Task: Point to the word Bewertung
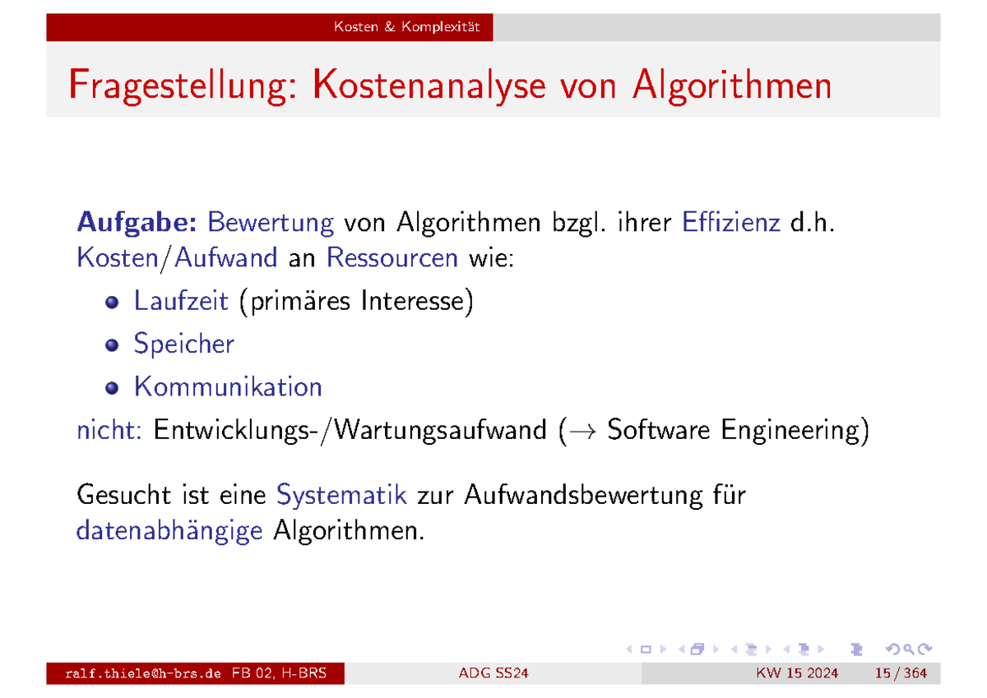coord(271,222)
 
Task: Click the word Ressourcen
coord(392,258)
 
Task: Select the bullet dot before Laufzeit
coord(112,303)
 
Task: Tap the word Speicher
coord(183,344)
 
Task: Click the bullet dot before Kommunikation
coord(112,387)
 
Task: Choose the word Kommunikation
coord(228,386)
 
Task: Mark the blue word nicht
coord(109,430)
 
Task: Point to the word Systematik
coord(342,496)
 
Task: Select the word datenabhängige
coord(169,531)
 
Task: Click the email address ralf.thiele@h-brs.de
coord(143,674)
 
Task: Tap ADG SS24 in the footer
coord(493,674)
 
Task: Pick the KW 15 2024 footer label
coord(797,674)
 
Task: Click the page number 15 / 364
coord(901,674)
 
